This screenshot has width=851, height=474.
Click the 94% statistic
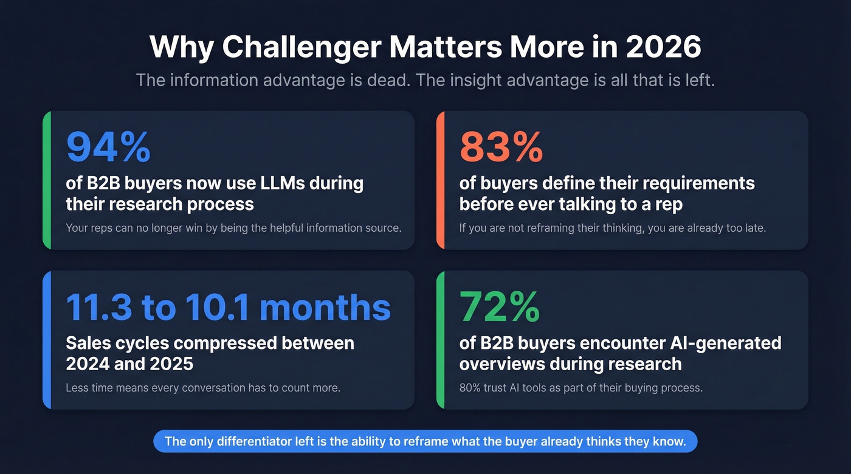tap(108, 147)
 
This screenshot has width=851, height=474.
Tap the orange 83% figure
tap(501, 147)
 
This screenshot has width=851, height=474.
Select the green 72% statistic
tap(499, 307)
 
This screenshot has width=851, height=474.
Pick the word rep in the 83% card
tap(669, 204)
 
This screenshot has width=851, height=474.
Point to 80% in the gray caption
tap(471, 387)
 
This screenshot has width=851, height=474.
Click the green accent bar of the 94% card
tap(46, 180)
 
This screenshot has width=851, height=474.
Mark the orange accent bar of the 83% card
tap(439, 180)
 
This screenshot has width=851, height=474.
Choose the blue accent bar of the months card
tap(46, 340)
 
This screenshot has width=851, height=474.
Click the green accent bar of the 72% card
tap(439, 340)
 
